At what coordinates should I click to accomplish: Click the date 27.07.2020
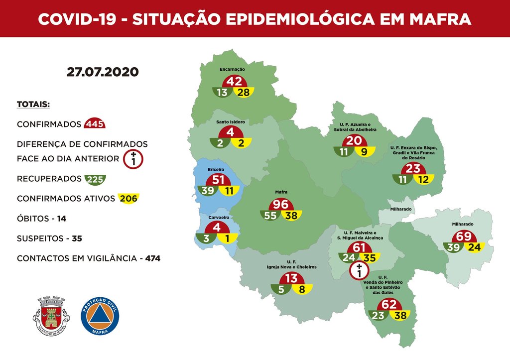103,72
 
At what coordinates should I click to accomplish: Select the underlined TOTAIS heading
33,105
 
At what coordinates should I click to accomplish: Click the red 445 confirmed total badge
95,124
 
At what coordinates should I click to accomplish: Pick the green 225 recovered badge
95,179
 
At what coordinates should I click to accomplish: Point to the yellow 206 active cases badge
128,198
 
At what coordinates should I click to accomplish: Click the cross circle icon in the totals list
133,159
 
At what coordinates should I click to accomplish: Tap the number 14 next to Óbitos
61,219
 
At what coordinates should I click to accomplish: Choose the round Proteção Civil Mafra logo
100,316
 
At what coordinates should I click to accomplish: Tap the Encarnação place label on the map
233,70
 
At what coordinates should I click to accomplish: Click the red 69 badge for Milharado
463,236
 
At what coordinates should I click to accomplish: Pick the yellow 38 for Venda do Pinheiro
399,315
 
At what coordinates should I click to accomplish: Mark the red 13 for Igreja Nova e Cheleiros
291,278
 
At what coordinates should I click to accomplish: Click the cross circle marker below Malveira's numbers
357,271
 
